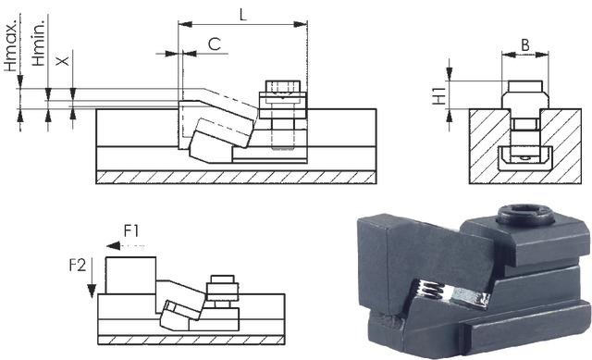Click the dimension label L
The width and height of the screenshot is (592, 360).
pos(242,15)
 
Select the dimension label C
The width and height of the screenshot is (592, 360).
pos(214,44)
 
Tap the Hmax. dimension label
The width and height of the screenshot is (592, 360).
pos(12,43)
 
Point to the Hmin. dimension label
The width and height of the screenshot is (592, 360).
pos(38,41)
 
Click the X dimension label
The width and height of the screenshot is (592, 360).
pos(63,60)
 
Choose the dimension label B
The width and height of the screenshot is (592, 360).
pos(525,45)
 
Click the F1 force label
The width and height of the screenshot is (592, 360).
pos(131,230)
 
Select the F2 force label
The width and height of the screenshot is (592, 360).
pos(78,266)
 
